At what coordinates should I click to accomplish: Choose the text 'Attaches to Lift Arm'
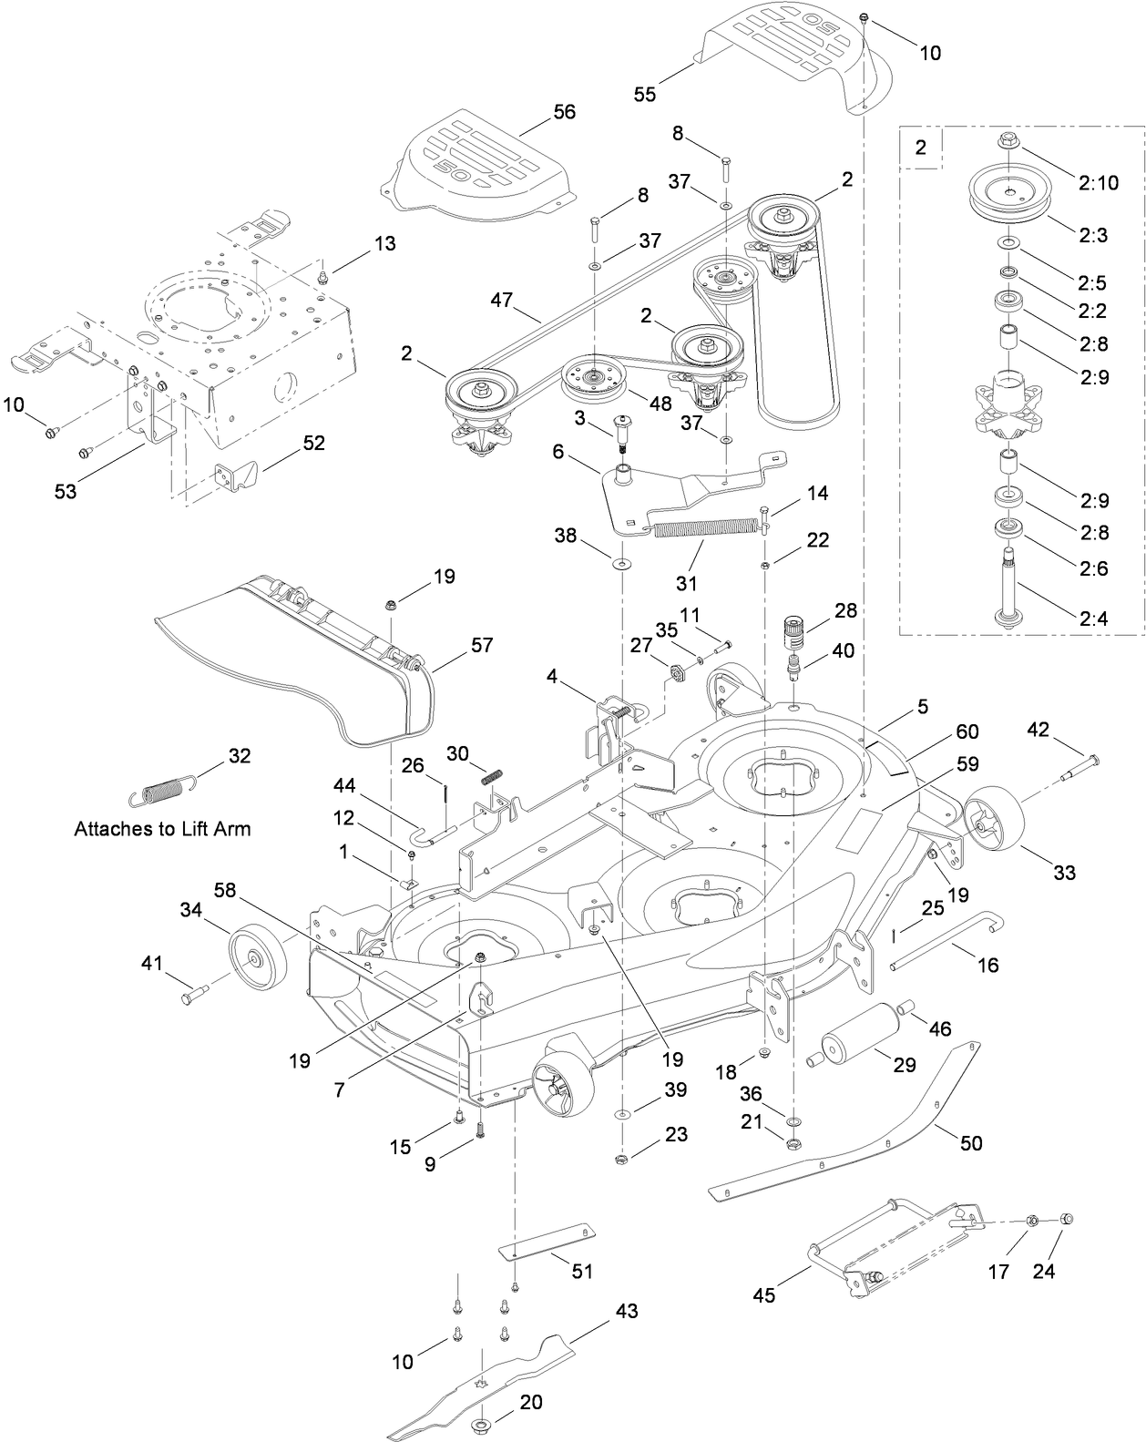pyautogui.click(x=162, y=829)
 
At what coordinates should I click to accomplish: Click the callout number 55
pyautogui.click(x=644, y=95)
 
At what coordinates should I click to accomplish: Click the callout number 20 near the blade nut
pyautogui.click(x=530, y=1401)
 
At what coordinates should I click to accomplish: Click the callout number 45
pyautogui.click(x=764, y=1294)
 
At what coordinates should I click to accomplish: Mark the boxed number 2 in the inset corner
pyautogui.click(x=921, y=148)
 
